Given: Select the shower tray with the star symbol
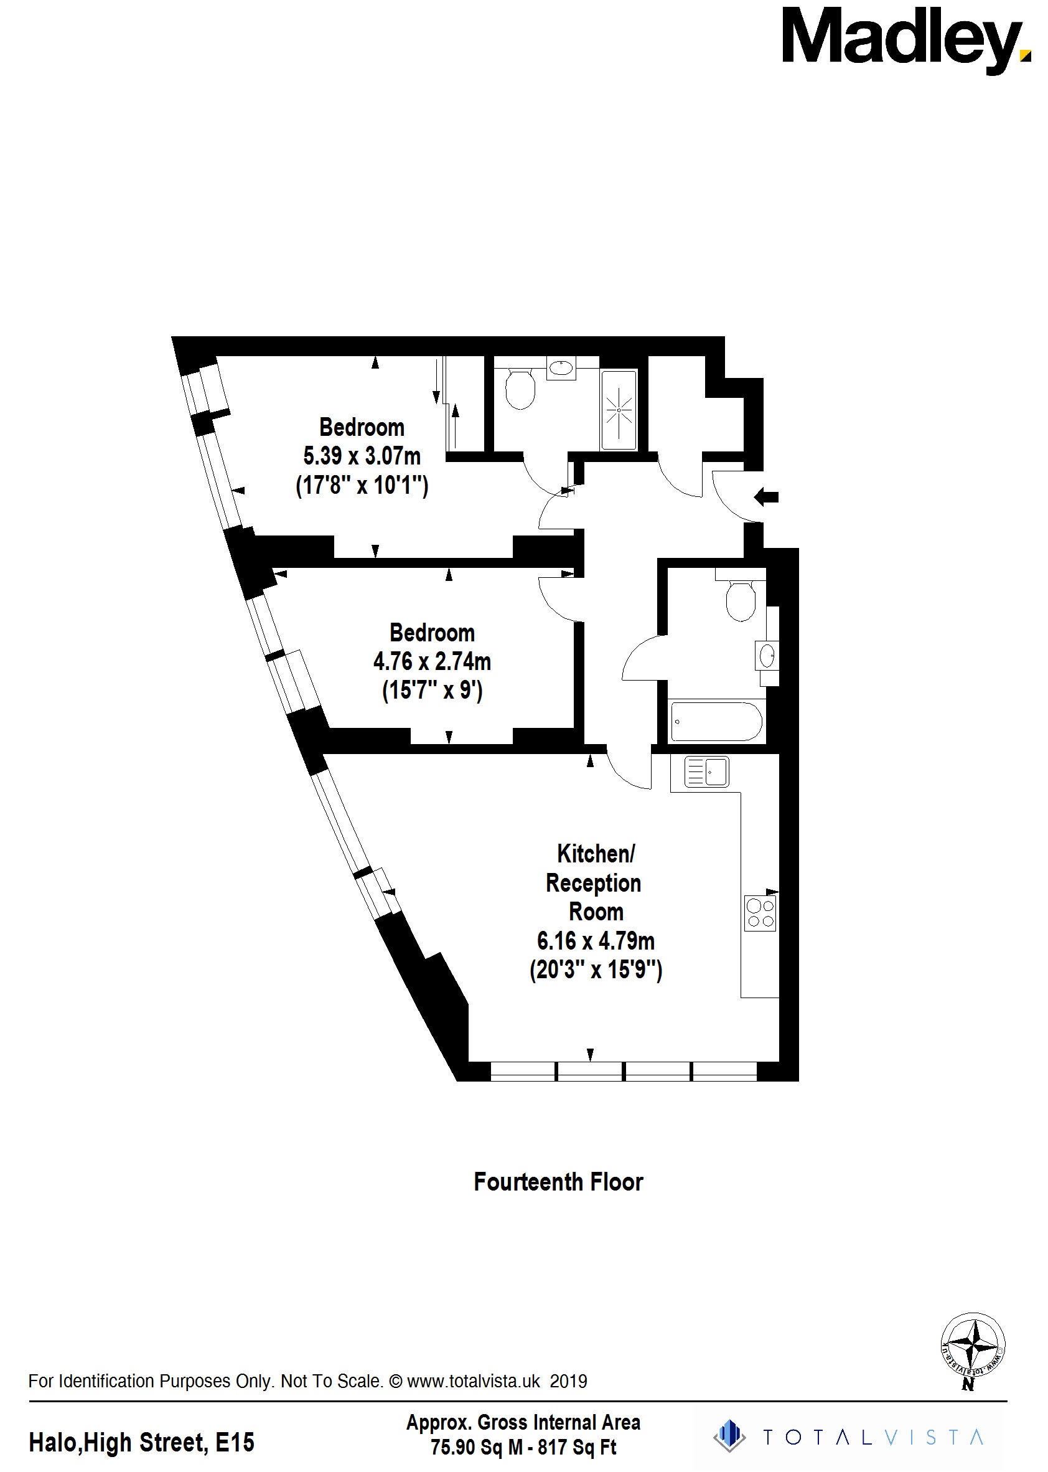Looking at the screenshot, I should pyautogui.click(x=619, y=410).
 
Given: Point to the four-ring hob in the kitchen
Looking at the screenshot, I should pyautogui.click(x=760, y=913).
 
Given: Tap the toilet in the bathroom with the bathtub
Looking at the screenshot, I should pyautogui.click(x=740, y=599).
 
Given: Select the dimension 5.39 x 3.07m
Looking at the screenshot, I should pyautogui.click(x=362, y=456).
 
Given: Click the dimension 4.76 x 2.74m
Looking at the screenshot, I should pyautogui.click(x=432, y=662).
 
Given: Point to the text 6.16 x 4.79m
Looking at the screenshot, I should pyautogui.click(x=596, y=941).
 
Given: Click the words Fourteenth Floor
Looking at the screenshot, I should pyautogui.click(x=558, y=1182).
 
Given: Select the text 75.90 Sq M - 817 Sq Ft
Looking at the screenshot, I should pyautogui.click(x=523, y=1448).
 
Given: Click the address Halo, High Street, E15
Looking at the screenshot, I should pyautogui.click(x=141, y=1442).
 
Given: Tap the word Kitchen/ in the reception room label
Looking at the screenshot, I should pyautogui.click(x=596, y=854).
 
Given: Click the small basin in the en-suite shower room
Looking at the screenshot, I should pyautogui.click(x=561, y=369).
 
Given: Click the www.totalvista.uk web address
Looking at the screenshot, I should pyautogui.click(x=473, y=1381).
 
